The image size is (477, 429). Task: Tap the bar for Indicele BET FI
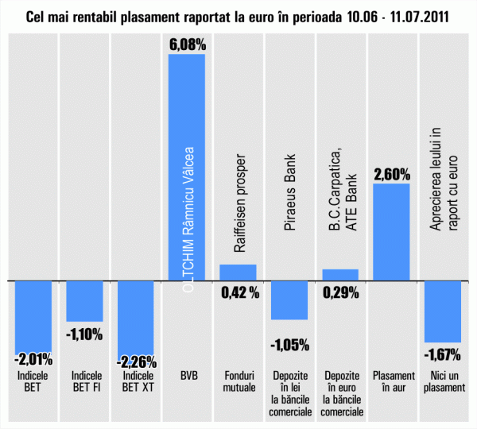[84, 300]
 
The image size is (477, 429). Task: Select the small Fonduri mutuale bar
[238, 272]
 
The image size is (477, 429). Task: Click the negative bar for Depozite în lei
[289, 300]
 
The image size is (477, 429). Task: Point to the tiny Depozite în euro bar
[340, 275]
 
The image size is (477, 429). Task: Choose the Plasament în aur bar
[391, 232]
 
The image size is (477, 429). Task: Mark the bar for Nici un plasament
[443, 311]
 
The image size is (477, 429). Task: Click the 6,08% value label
[187, 44]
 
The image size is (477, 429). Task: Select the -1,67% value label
[443, 354]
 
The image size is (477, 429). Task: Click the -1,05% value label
[289, 345]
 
